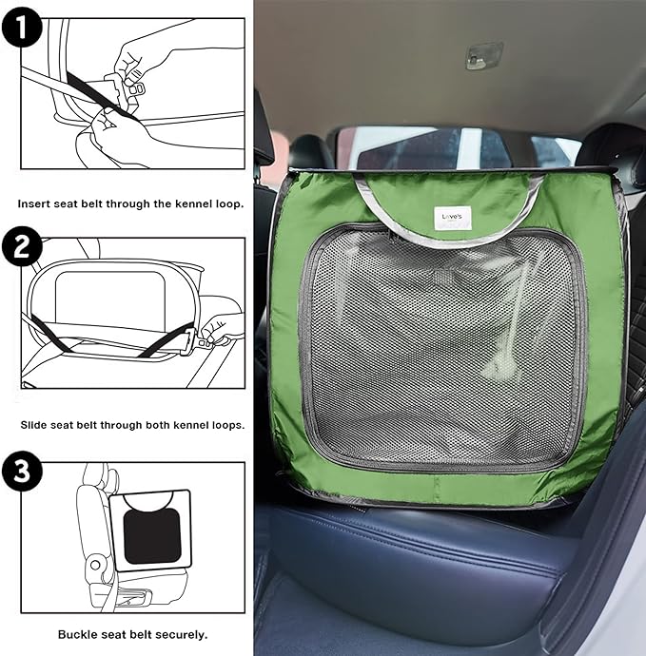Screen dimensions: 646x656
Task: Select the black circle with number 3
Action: click(21, 471)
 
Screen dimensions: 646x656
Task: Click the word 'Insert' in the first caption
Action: click(33, 204)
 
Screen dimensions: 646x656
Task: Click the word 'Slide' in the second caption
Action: click(33, 425)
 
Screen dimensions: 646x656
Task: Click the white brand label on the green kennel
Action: click(453, 218)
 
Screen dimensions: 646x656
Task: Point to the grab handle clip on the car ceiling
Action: click(483, 55)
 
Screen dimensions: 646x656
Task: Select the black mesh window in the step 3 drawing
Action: click(152, 536)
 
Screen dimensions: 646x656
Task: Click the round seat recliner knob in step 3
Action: click(95, 566)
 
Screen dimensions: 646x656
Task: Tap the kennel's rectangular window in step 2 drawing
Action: click(110, 297)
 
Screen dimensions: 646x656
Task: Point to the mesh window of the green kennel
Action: click(442, 347)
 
